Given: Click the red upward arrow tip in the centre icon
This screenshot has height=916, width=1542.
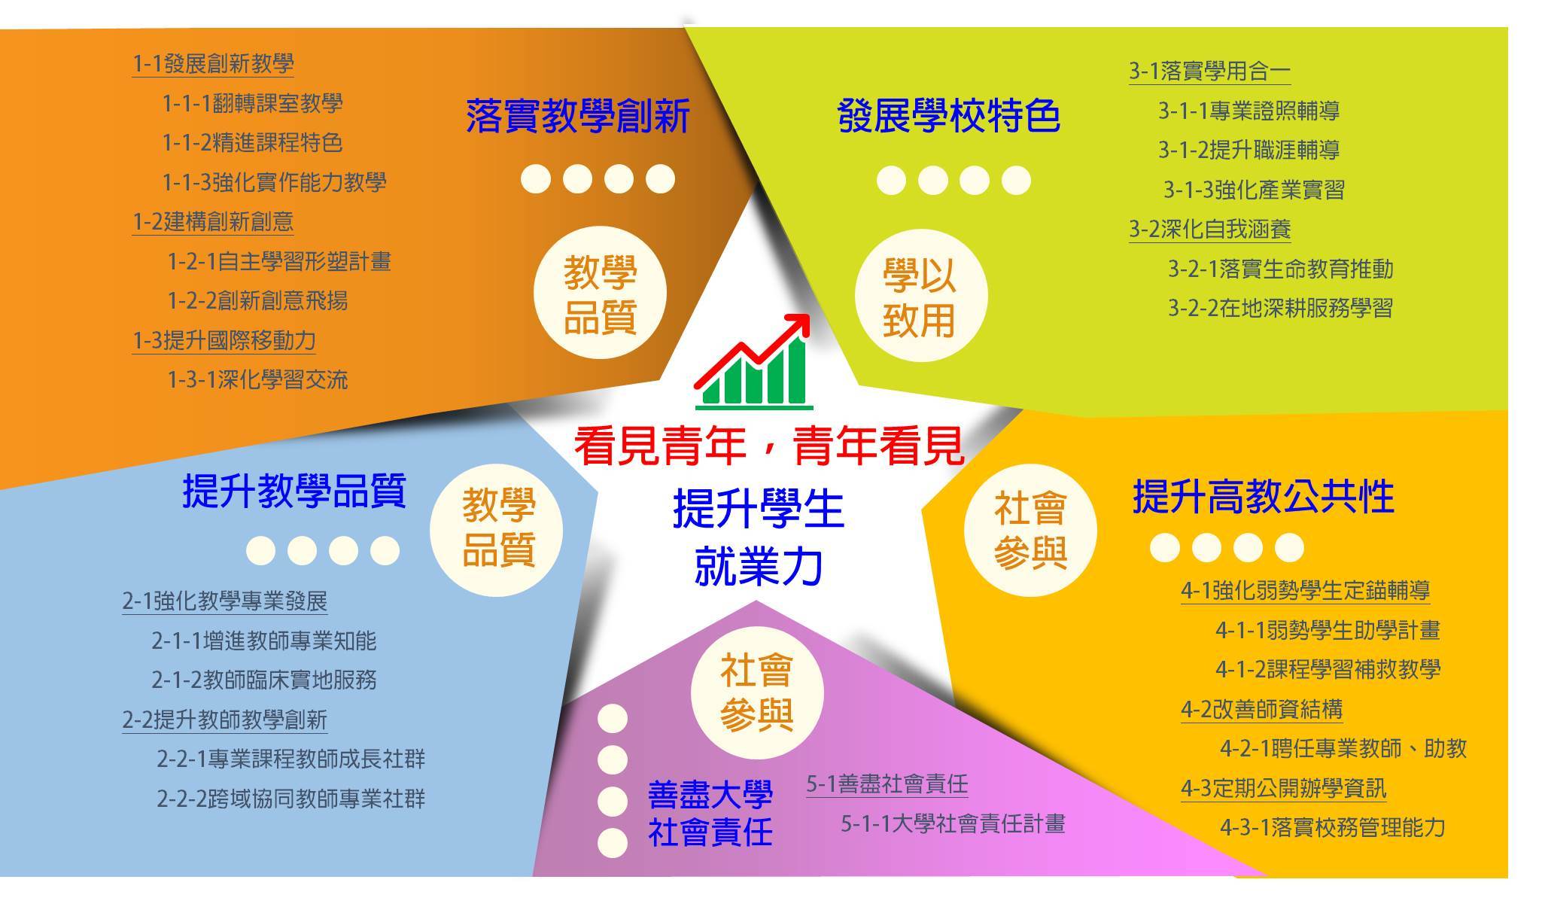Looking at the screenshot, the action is click(x=807, y=315).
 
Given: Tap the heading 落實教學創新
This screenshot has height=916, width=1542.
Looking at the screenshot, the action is click(x=578, y=117).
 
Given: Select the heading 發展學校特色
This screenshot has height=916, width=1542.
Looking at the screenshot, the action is click(x=948, y=117).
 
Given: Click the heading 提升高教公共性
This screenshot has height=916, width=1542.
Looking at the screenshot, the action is click(x=1264, y=497).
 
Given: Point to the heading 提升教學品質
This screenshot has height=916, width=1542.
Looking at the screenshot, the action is click(x=294, y=491).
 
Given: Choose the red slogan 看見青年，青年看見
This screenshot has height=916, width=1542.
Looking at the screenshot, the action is click(x=769, y=446).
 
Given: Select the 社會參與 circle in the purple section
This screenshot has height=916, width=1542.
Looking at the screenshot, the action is click(x=756, y=692).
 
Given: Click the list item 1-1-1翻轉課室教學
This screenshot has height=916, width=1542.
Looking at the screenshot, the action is click(x=252, y=103).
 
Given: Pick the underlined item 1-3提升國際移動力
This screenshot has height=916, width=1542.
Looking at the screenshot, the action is click(x=224, y=340).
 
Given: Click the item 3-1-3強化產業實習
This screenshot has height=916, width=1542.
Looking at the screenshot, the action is click(x=1254, y=190).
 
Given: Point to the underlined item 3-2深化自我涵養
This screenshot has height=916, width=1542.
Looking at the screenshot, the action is click(x=1210, y=229).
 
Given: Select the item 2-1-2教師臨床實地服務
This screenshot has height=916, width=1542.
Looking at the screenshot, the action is click(x=264, y=680).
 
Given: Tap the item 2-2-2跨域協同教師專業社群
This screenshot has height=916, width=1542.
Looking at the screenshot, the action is click(x=291, y=798).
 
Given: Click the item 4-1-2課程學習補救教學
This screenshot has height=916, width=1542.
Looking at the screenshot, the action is click(x=1328, y=669).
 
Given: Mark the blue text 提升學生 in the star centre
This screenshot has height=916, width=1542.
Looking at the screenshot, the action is click(x=759, y=509).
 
